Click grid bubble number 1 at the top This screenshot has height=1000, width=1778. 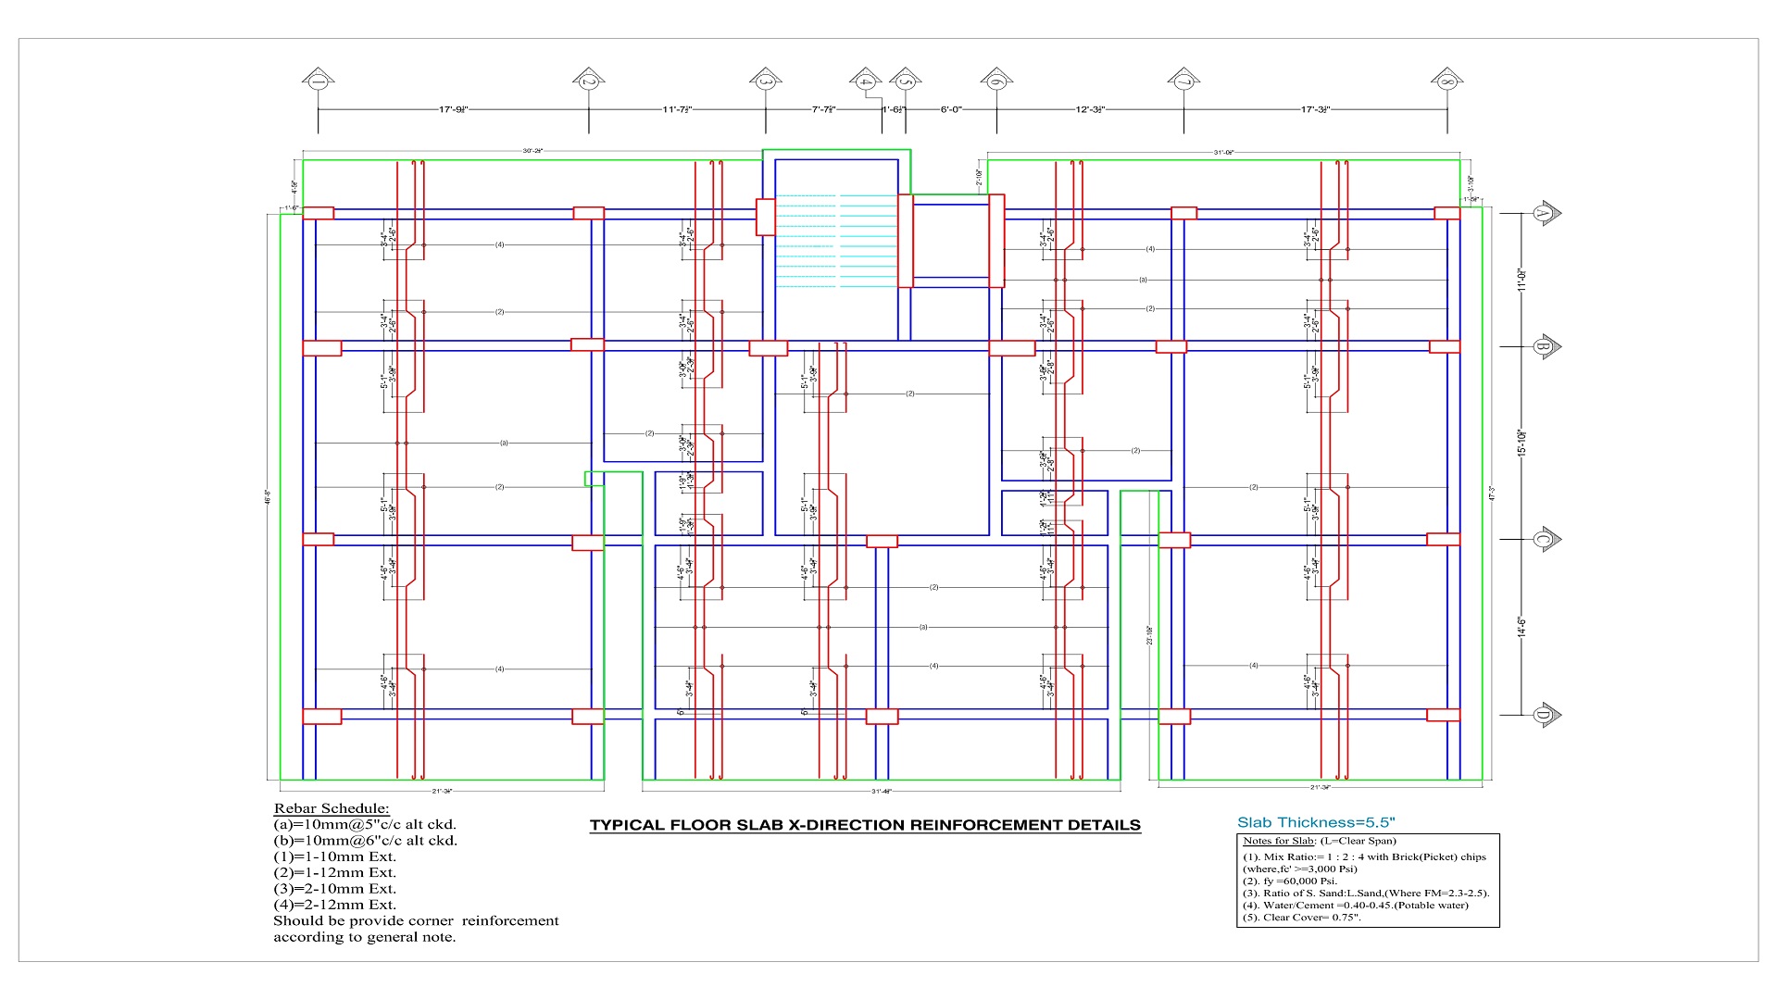318,81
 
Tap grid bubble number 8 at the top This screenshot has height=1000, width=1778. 1446,81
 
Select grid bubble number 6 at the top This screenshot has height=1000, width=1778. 996,81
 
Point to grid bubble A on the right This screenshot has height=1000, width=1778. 1543,213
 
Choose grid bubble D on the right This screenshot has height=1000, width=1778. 1543,715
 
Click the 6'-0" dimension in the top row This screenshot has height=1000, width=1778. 951,109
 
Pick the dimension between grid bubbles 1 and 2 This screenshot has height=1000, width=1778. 453,109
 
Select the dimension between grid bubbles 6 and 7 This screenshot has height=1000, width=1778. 1090,109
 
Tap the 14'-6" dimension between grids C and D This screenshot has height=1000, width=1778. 1521,627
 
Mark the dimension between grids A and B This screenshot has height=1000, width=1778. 1521,280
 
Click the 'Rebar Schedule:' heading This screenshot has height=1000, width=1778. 332,808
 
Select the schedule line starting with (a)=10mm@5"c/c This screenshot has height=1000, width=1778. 365,824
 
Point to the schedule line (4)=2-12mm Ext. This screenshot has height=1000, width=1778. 334,905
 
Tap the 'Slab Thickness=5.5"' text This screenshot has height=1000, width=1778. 1316,822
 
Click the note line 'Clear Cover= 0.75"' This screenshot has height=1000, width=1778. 1301,918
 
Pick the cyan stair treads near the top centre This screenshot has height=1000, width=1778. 835,241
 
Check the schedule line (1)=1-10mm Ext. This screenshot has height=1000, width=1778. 334,856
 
